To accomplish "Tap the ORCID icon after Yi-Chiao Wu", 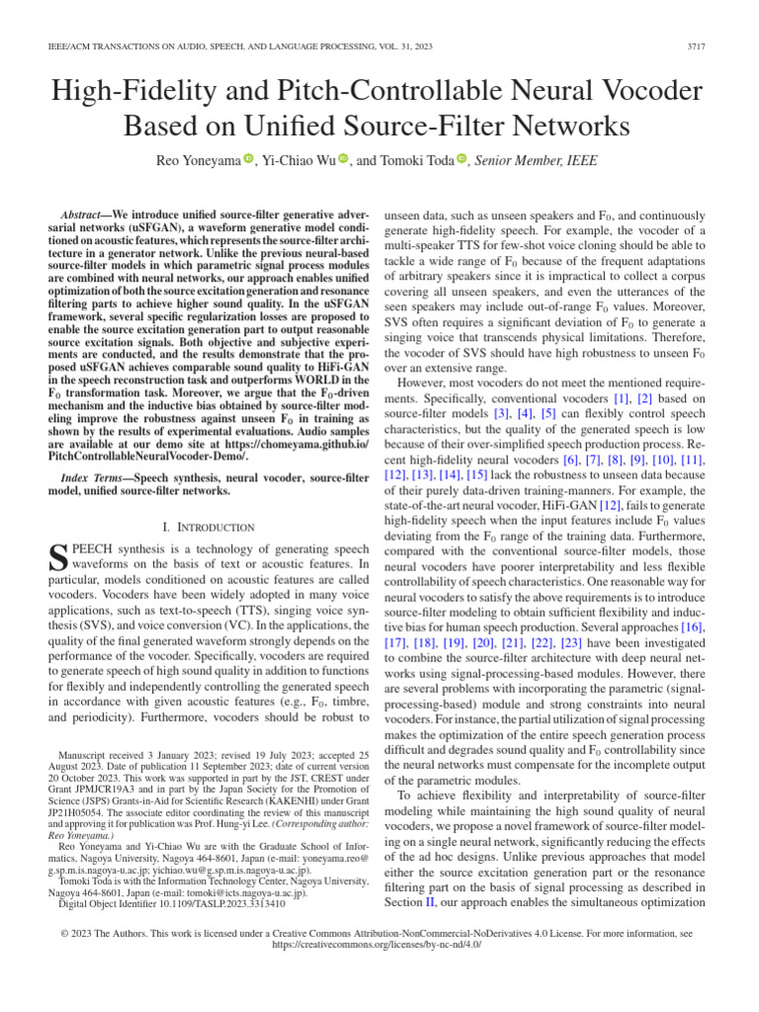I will pos(343,158).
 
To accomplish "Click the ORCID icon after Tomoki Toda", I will pos(461,158).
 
